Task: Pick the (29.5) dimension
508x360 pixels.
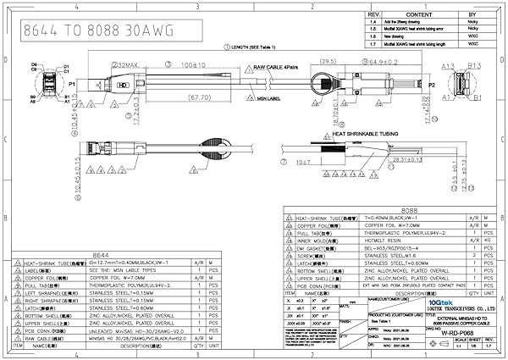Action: pos(327,63)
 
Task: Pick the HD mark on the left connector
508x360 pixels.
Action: pos(124,86)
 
